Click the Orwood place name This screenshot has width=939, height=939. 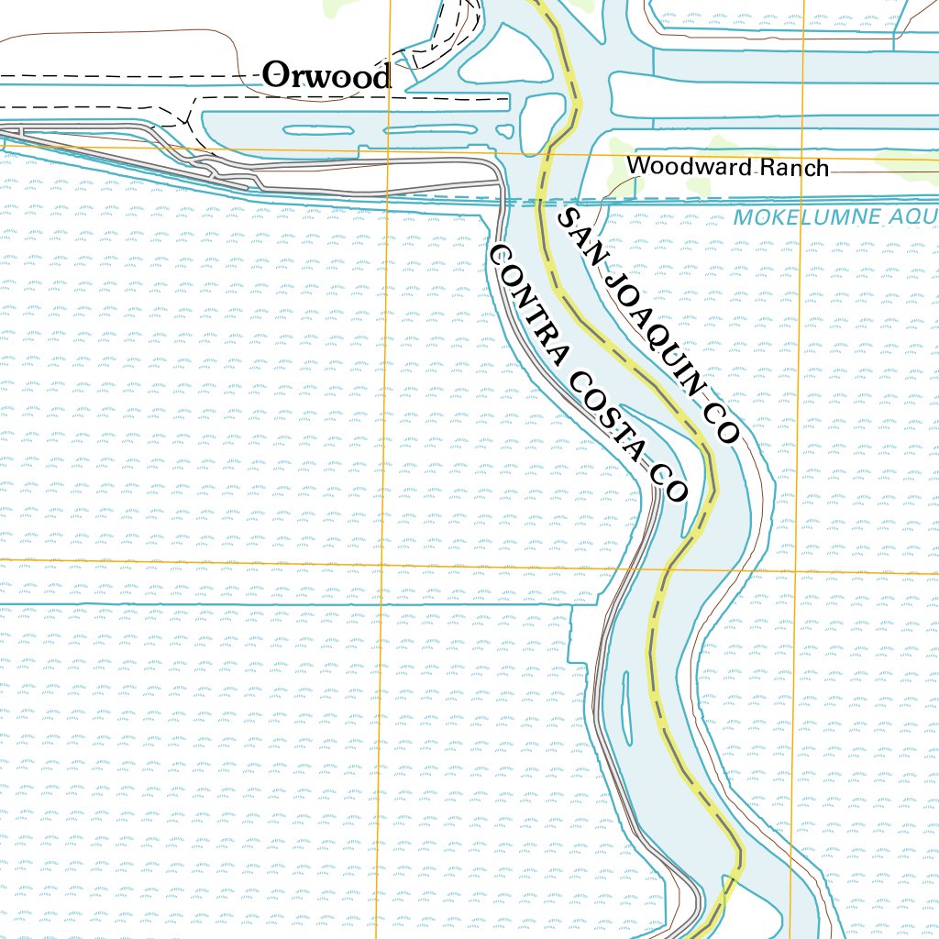[327, 76]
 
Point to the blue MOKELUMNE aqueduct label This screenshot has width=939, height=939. [806, 217]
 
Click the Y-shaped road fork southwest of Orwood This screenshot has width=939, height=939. [186, 118]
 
